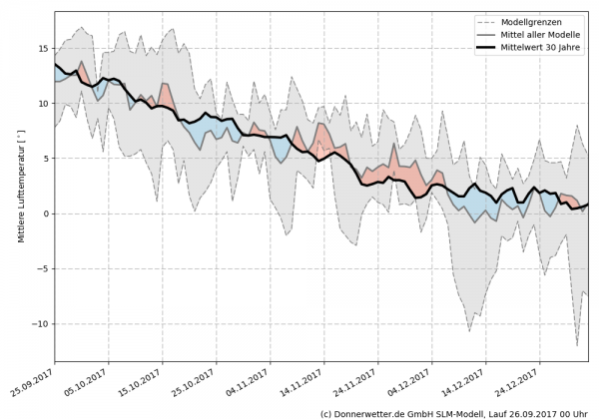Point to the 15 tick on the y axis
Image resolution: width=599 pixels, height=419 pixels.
(44, 48)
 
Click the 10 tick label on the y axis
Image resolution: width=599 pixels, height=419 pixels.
(44, 103)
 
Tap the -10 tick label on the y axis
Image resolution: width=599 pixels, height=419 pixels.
(41, 324)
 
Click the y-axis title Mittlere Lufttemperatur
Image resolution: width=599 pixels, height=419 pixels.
(21, 188)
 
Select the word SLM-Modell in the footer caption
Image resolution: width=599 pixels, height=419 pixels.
(471, 412)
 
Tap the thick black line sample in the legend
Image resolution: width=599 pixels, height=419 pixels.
(487, 46)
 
